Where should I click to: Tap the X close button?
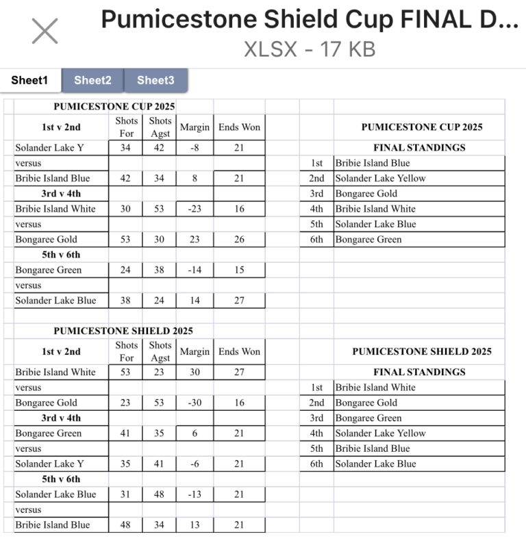[45, 31]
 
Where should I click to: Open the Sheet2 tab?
[92, 80]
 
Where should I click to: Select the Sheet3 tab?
[155, 80]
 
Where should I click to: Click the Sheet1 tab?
[29, 80]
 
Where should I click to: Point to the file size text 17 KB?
[349, 50]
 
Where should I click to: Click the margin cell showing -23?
[195, 209]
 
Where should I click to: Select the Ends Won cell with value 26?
[239, 240]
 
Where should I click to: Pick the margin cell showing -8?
[195, 148]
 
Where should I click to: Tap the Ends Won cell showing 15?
[239, 270]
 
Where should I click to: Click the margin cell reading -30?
[195, 403]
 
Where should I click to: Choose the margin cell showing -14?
[195, 270]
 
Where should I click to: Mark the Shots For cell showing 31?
[126, 494]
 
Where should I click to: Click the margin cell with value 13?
[195, 525]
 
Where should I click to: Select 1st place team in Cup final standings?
[372, 163]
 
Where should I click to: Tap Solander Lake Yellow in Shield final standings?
[380, 433]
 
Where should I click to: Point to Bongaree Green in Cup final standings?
[368, 240]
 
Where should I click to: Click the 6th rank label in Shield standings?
[316, 464]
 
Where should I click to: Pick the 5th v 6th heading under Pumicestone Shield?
[61, 479]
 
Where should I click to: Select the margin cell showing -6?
[195, 464]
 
